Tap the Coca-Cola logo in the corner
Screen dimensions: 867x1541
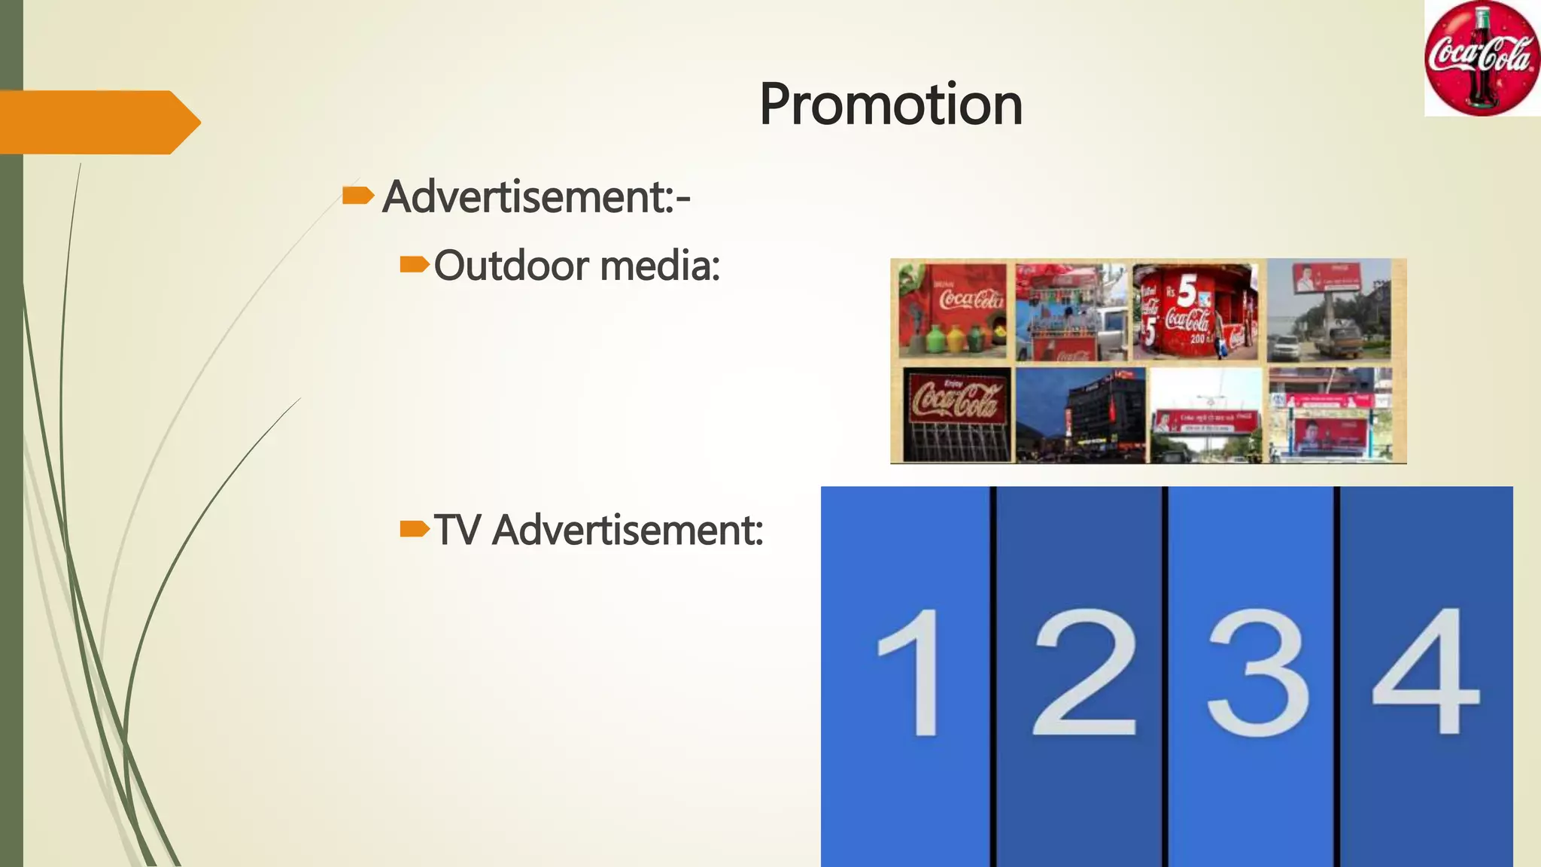pos(1481,59)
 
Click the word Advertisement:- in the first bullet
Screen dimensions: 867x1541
pos(536,197)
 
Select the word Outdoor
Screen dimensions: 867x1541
pos(511,266)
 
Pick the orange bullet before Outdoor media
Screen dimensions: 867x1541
pos(413,265)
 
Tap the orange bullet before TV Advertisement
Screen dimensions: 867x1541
pos(413,529)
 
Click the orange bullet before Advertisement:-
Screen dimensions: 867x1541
pos(357,196)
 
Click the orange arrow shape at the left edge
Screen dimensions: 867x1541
pos(98,122)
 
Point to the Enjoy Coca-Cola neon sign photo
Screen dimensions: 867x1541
pos(956,414)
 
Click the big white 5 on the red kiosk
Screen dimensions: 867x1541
pos(1187,291)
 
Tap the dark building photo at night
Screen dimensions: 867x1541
pos(1081,414)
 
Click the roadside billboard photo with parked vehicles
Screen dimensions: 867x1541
pos(1329,310)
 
